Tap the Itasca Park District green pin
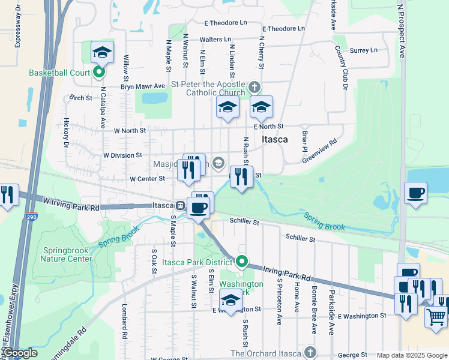[x=242, y=262]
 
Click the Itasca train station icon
[x=179, y=205]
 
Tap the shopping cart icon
[x=436, y=316]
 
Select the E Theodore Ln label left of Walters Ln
[x=225, y=22]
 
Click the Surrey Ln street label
[x=364, y=50]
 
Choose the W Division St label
[x=122, y=155]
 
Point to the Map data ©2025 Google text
[x=411, y=355]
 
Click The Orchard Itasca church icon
[x=310, y=353]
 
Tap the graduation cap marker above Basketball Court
[x=102, y=52]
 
